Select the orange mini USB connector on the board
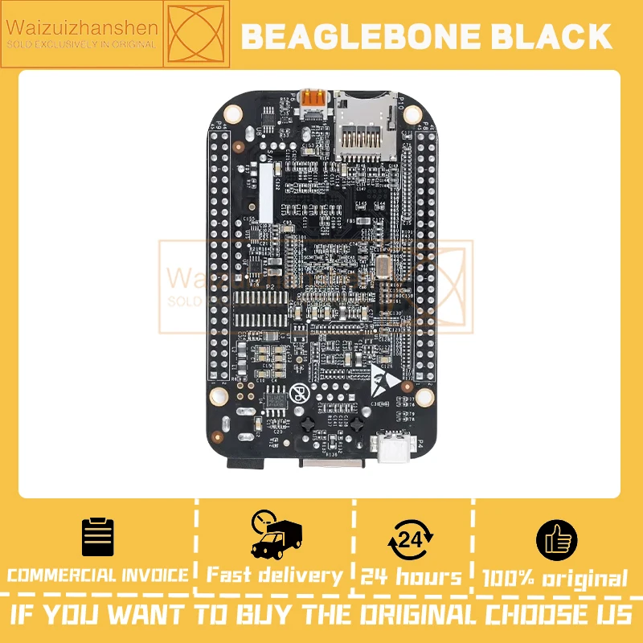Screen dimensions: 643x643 316,101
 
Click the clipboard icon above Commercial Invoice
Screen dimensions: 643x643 98,538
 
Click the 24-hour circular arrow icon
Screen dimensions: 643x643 411,539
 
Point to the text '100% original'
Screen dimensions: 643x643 555,578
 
